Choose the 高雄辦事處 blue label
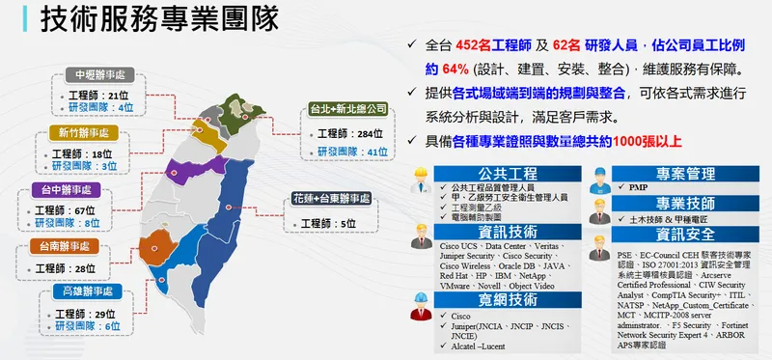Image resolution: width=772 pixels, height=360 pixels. (x=84, y=290)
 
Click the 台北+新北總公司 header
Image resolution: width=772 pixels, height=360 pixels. (x=348, y=108)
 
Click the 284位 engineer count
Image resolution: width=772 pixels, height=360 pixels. (x=372, y=134)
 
